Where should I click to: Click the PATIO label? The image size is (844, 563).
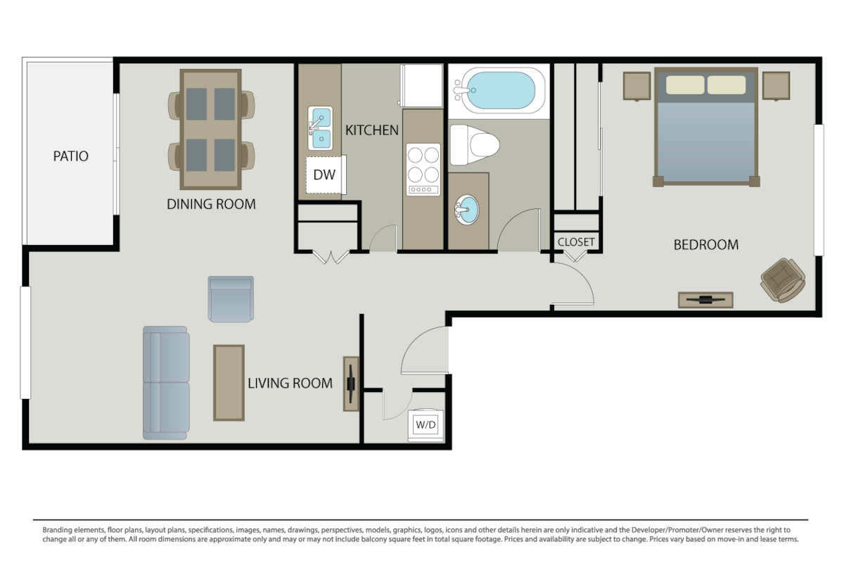pos(71,156)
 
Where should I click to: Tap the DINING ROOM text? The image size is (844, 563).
pos(211,204)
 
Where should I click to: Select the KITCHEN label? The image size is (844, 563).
pos(372,130)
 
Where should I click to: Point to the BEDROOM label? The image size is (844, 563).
pos(705,245)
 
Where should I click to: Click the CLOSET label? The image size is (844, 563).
pos(576,241)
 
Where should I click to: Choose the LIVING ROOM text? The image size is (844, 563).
pos(290,383)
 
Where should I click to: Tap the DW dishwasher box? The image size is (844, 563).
pos(325,175)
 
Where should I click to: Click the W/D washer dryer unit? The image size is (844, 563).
pos(426,425)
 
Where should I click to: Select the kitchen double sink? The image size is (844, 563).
pos(320,128)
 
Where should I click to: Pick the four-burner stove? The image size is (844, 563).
pos(423,170)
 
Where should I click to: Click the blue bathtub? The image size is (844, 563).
pos(499,91)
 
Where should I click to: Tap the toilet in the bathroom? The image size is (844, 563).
pos(474,145)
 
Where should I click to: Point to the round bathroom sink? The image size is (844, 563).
pos(467,210)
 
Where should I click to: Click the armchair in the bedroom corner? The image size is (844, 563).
pos(784,280)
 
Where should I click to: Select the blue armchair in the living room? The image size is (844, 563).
pos(231,299)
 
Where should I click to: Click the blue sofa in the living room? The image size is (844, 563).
pos(166,383)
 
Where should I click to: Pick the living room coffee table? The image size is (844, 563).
pos(229,383)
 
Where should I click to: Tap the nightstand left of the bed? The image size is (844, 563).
pos(637,87)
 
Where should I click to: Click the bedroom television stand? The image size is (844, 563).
pos(705,300)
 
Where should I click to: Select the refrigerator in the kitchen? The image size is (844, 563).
pos(421,86)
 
